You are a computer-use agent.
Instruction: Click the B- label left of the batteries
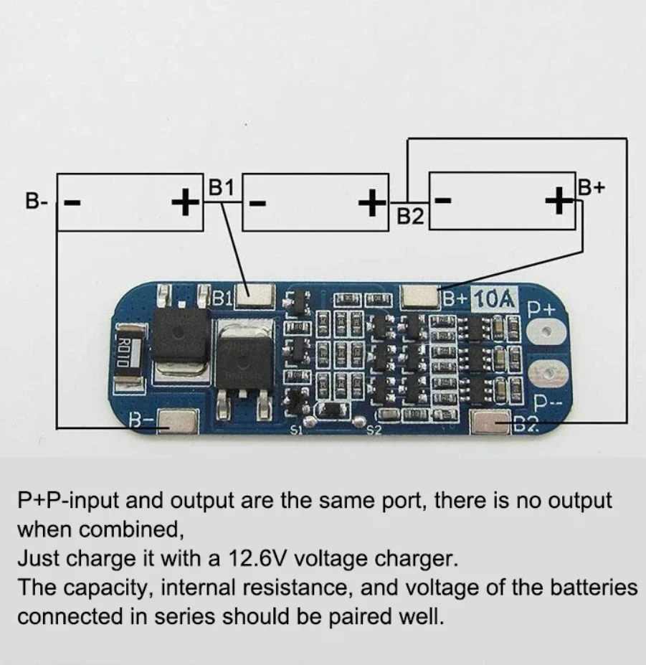tap(37, 201)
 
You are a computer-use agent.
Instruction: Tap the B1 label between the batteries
tap(221, 188)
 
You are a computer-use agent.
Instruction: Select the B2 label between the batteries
tap(410, 216)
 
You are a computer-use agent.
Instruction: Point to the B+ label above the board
tap(592, 188)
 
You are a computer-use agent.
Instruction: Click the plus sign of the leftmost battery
tap(186, 202)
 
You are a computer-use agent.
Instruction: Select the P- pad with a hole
tap(547, 374)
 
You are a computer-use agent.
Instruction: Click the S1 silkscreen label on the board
tap(297, 430)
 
